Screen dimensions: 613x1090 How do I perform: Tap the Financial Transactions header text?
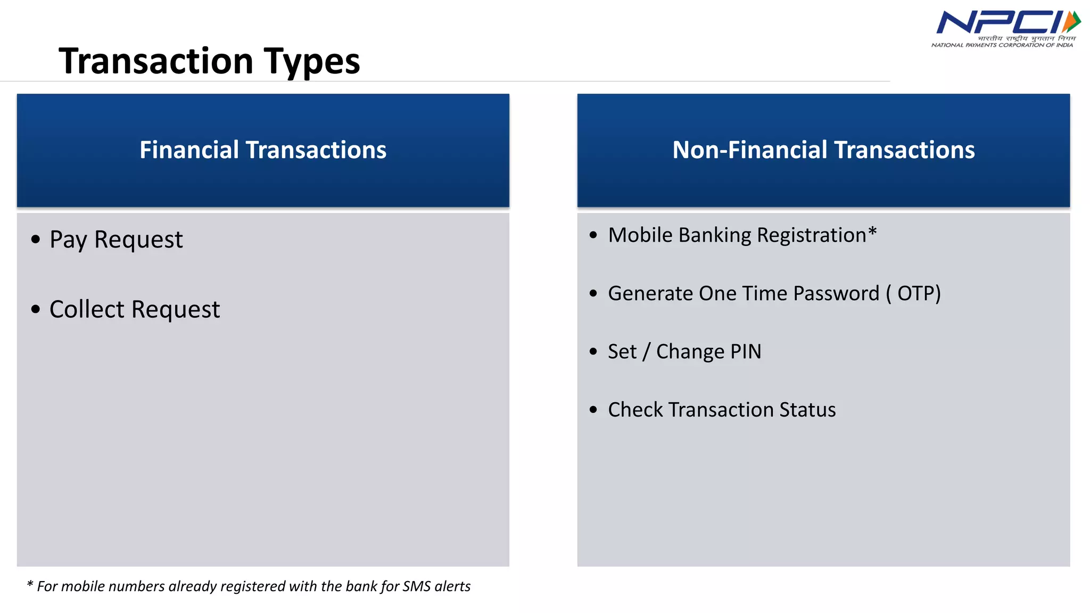pyautogui.click(x=263, y=150)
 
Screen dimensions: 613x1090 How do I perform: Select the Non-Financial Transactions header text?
pyautogui.click(x=823, y=150)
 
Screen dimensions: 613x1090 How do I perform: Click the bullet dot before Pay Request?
pyautogui.click(x=36, y=239)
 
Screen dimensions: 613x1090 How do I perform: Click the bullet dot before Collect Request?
pyautogui.click(x=36, y=309)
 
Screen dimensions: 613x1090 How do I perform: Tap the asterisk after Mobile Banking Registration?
pyautogui.click(x=872, y=231)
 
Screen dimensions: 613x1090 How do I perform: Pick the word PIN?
pyautogui.click(x=746, y=352)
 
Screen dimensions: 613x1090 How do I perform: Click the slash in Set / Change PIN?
pyautogui.click(x=646, y=352)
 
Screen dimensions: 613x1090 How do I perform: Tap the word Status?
pyautogui.click(x=807, y=410)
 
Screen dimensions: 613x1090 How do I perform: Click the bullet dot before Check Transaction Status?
pyautogui.click(x=593, y=410)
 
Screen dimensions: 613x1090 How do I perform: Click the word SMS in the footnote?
pyautogui.click(x=416, y=586)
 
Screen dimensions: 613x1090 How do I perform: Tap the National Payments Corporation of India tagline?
pyautogui.click(x=1002, y=45)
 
